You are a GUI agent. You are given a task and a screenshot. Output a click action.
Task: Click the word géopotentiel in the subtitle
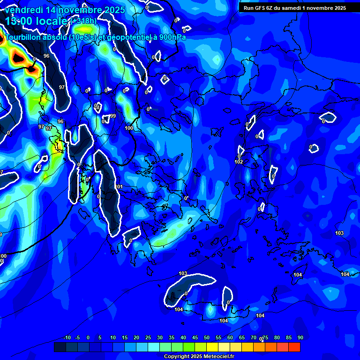(x=127, y=37)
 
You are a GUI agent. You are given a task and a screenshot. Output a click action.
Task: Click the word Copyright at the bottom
(x=176, y=356)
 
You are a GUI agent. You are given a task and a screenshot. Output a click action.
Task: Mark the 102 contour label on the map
(x=239, y=162)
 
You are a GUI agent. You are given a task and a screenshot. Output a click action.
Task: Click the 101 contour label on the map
(x=119, y=187)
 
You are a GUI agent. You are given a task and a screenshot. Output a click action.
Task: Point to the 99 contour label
(x=112, y=116)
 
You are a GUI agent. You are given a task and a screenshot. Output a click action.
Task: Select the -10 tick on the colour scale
(x=67, y=338)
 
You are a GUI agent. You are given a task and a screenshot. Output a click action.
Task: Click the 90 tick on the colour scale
(x=300, y=338)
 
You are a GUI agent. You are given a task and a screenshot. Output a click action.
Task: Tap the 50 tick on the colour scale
(x=206, y=338)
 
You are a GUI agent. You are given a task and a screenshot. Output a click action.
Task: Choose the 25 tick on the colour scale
(x=148, y=338)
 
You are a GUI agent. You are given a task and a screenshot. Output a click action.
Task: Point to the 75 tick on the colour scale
(x=265, y=338)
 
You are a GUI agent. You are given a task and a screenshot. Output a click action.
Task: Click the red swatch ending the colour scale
(x=294, y=347)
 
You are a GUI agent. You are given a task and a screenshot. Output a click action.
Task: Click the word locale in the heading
(x=51, y=21)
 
